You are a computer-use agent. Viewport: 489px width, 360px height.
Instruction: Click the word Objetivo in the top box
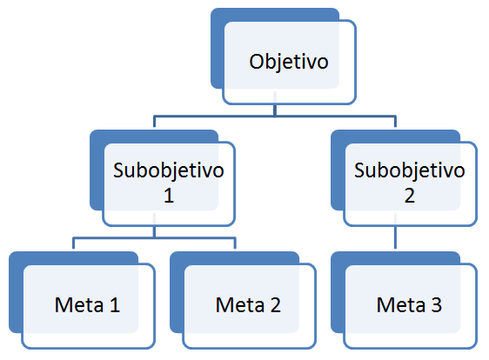tap(289, 63)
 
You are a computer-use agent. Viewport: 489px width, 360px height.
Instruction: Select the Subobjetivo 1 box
tap(162, 177)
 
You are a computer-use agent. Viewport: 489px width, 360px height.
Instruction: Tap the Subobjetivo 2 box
tap(404, 177)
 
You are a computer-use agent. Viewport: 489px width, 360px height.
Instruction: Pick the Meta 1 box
tap(82, 300)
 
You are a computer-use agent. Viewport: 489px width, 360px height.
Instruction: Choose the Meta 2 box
tap(243, 300)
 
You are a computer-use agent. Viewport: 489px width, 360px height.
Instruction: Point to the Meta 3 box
tap(404, 300)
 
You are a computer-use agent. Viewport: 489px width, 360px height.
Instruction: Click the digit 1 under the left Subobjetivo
tap(169, 196)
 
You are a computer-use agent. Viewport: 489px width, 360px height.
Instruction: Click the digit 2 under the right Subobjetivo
tap(410, 196)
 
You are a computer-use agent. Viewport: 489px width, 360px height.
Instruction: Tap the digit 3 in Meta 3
tap(437, 305)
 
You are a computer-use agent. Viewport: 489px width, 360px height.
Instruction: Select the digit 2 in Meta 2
tap(275, 305)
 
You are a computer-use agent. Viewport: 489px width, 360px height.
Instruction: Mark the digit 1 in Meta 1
tap(115, 305)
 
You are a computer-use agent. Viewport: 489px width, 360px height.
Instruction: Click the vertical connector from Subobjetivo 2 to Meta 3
tap(395, 237)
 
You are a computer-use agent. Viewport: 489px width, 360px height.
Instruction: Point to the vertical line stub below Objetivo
tap(275, 110)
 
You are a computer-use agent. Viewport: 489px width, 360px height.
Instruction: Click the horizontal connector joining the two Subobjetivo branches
tap(275, 117)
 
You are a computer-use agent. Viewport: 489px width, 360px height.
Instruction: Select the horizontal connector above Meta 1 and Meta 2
tap(154, 238)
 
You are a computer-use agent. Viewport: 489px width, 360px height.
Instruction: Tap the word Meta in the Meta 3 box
tap(401, 305)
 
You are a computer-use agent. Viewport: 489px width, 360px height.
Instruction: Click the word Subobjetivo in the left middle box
tap(169, 170)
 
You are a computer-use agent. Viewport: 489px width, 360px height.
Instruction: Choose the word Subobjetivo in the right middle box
tap(410, 170)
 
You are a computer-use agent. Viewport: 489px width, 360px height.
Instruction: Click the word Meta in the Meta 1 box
tap(79, 305)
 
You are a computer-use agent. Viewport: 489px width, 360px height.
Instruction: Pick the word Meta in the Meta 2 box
tap(240, 305)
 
